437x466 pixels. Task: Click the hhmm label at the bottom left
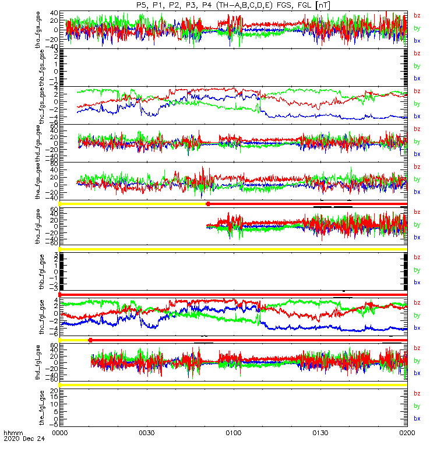click(x=12, y=434)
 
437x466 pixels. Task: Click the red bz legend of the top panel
click(x=417, y=15)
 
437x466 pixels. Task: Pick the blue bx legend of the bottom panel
click(x=417, y=418)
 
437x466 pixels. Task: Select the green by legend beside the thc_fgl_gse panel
click(x=417, y=315)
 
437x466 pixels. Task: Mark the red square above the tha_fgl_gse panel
click(x=208, y=203)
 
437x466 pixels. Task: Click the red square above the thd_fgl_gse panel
click(x=90, y=340)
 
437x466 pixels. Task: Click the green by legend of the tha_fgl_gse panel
click(x=417, y=225)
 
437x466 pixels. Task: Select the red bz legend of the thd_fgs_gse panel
click(x=417, y=129)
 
